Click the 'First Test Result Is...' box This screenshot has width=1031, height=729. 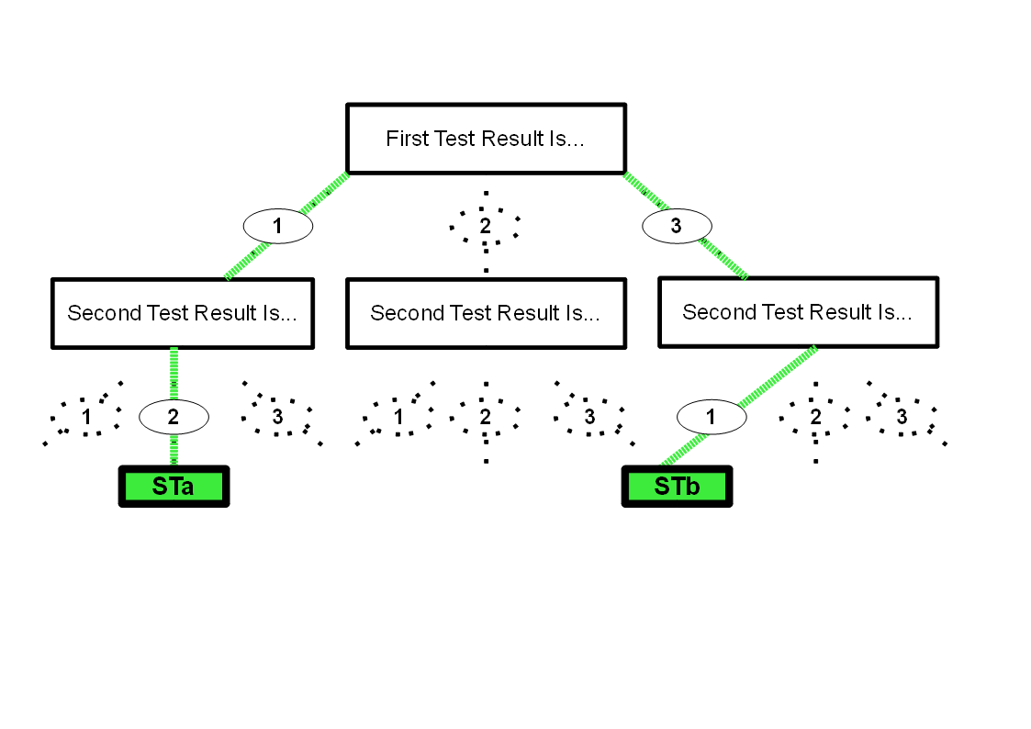click(x=486, y=139)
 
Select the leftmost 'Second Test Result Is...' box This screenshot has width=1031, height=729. click(x=182, y=313)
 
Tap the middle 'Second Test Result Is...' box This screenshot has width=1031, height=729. click(x=486, y=313)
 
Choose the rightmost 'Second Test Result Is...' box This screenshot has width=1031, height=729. click(x=798, y=312)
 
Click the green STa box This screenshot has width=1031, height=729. click(x=174, y=487)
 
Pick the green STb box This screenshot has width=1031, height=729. click(x=677, y=487)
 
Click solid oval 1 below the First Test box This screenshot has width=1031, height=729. click(x=278, y=226)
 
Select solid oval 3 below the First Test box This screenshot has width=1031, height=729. click(x=677, y=226)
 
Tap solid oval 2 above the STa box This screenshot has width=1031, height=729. click(x=174, y=417)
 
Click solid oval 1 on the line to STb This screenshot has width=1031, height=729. click(x=711, y=417)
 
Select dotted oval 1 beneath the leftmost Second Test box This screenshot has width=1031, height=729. click(x=85, y=417)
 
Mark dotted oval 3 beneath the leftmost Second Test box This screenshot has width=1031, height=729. click(x=277, y=417)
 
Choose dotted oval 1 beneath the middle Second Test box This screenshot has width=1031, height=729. click(x=398, y=417)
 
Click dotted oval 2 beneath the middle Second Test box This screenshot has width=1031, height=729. click(x=486, y=417)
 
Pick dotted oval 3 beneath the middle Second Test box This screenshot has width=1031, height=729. click(x=589, y=417)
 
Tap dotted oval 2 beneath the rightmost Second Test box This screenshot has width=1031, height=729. click(x=814, y=417)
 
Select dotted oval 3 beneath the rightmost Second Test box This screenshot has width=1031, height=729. click(x=902, y=417)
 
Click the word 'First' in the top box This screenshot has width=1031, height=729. click(x=406, y=139)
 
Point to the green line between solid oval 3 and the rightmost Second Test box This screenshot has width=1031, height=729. click(x=725, y=259)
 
